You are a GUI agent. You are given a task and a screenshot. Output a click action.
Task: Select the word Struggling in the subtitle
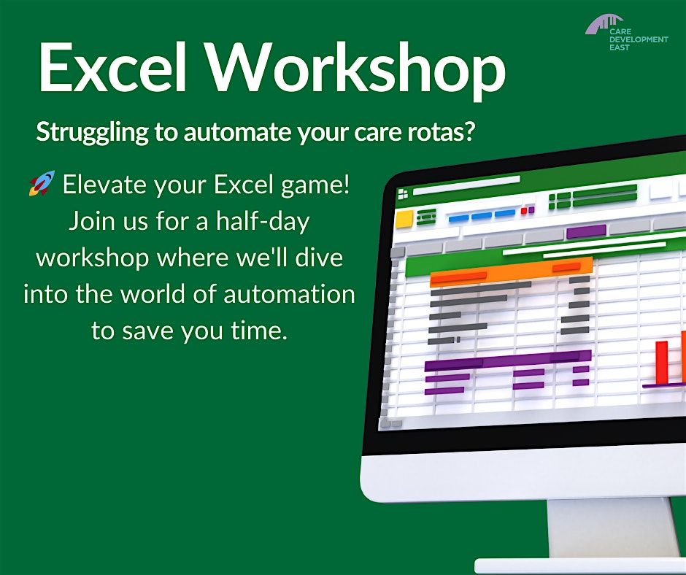click(x=81, y=133)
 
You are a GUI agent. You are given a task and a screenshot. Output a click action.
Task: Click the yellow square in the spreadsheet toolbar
click(x=404, y=219)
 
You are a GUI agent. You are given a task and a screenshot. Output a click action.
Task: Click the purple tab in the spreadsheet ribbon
click(x=585, y=231)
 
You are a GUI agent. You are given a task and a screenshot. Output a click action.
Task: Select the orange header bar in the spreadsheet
click(x=510, y=271)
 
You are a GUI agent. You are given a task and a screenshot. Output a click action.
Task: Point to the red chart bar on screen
click(x=662, y=361)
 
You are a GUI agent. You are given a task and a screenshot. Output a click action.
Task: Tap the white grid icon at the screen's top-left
click(x=402, y=194)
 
